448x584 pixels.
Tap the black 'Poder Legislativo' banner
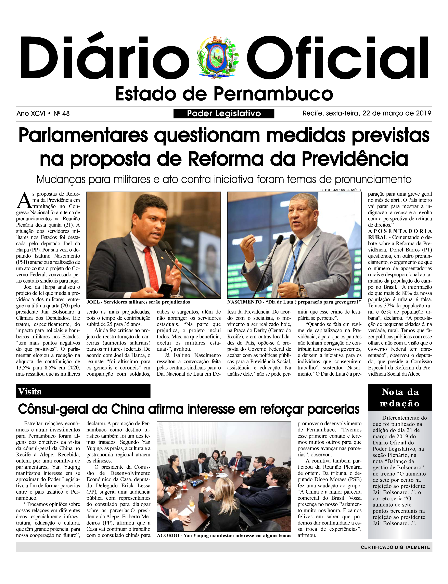(x=224, y=114)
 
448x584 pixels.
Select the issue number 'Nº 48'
(x=62, y=114)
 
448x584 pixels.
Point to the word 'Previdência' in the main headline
(x=355, y=159)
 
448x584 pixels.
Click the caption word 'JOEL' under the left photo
(x=93, y=302)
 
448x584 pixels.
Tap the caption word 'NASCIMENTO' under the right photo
(x=244, y=302)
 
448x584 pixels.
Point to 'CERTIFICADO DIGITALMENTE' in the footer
(x=395, y=547)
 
